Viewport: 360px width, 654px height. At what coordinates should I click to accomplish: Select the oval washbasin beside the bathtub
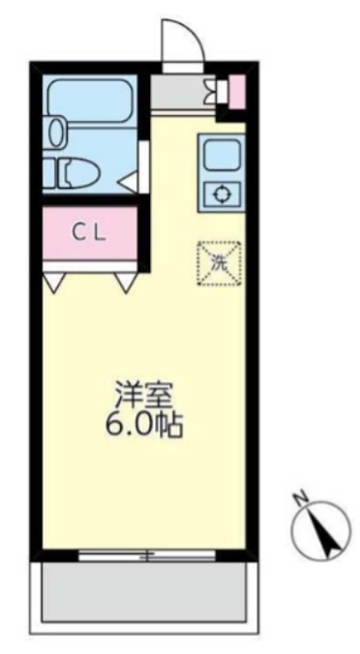click(x=55, y=131)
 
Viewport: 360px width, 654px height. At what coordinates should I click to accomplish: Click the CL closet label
click(x=91, y=232)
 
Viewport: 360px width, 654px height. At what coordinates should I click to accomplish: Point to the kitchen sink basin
click(x=221, y=153)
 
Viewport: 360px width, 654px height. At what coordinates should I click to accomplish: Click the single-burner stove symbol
click(x=221, y=193)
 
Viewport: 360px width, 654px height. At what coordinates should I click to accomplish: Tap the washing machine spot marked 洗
click(x=221, y=262)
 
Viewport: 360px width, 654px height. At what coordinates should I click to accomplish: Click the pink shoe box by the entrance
click(x=236, y=93)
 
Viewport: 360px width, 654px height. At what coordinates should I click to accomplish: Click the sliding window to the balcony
click(x=145, y=555)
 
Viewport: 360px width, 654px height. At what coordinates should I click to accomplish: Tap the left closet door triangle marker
click(x=54, y=282)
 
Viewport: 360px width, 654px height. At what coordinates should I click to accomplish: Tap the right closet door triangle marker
click(x=126, y=282)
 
